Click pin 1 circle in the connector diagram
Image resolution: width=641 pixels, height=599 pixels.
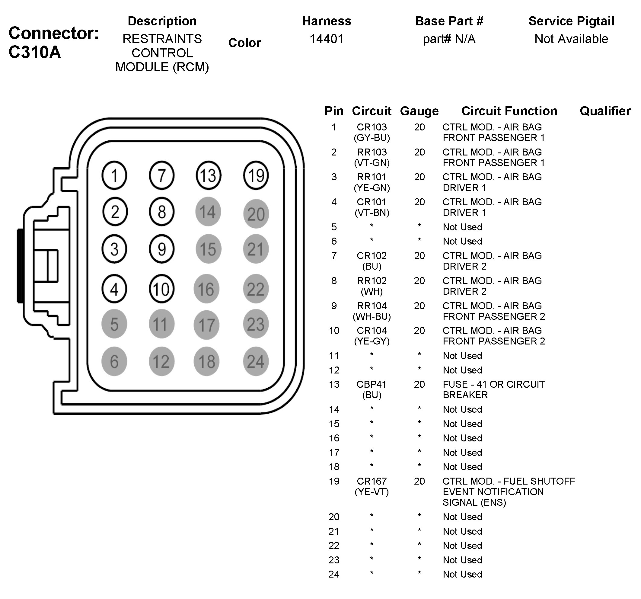coord(114,175)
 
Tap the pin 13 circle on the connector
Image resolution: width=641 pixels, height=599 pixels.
coord(208,175)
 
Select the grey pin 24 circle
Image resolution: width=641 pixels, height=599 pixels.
coord(256,361)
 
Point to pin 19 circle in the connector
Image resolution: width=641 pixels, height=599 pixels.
coord(256,175)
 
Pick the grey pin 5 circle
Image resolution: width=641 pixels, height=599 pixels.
coord(114,324)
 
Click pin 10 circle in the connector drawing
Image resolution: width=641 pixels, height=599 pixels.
coord(161,289)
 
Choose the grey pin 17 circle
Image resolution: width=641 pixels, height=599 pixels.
coord(206,325)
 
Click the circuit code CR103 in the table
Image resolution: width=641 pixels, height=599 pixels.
coord(372,127)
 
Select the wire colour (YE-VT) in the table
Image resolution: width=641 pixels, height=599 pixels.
coord(372,492)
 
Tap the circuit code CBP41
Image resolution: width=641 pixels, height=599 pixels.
coord(371,384)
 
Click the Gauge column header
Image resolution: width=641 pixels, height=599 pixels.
coord(419,111)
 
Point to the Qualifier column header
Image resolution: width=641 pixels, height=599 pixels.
coord(605,111)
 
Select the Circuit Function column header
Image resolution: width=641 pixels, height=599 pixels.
coord(509,111)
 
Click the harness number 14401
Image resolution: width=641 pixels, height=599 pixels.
coord(326,39)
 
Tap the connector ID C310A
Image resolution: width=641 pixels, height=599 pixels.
coord(35,52)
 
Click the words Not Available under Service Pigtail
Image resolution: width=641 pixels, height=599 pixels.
coord(571,39)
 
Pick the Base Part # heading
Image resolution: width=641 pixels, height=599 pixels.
coord(449,21)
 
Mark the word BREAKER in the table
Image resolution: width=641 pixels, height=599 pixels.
coord(465,395)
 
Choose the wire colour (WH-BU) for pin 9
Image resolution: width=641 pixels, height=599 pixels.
coord(372,316)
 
